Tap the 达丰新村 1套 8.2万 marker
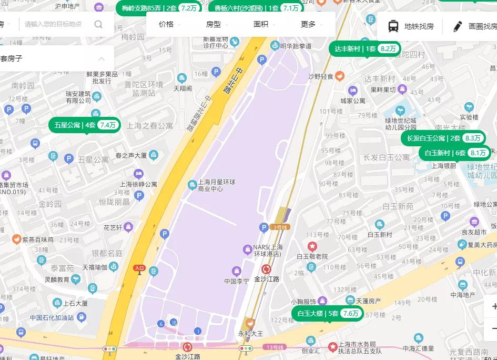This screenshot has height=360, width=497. (x=366, y=49)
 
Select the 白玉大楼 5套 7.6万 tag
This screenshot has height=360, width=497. (x=328, y=314)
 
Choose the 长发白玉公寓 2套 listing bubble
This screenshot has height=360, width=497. (x=443, y=138)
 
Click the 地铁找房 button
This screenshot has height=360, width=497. (x=411, y=26)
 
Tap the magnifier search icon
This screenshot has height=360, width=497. (x=98, y=24)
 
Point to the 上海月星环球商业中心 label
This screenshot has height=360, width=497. (x=216, y=185)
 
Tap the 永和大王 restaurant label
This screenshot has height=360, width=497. (x=251, y=333)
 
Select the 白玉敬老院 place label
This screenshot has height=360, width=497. (x=312, y=256)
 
